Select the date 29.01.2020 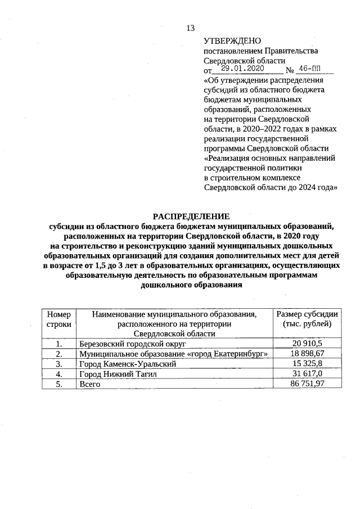tap(242, 69)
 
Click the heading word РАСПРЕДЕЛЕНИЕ tap(192, 217)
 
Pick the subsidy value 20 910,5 tap(307, 343)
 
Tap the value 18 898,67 tap(307, 353)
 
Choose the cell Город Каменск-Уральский tap(128, 363)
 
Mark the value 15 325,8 tap(307, 363)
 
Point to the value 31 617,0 tap(307, 373)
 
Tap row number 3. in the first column tap(58, 363)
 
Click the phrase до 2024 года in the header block tap(311, 188)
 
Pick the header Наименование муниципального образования tap(174, 314)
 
